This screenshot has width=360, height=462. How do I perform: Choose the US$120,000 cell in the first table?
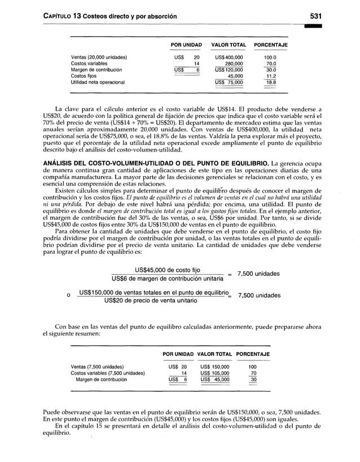(229, 69)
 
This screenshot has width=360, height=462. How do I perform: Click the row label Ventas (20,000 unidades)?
(99, 57)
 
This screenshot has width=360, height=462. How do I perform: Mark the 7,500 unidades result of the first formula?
(258, 274)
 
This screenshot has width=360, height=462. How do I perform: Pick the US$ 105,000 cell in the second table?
(215, 373)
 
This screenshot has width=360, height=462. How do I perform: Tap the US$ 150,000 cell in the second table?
(215, 367)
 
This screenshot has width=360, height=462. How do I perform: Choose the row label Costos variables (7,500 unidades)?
(107, 373)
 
